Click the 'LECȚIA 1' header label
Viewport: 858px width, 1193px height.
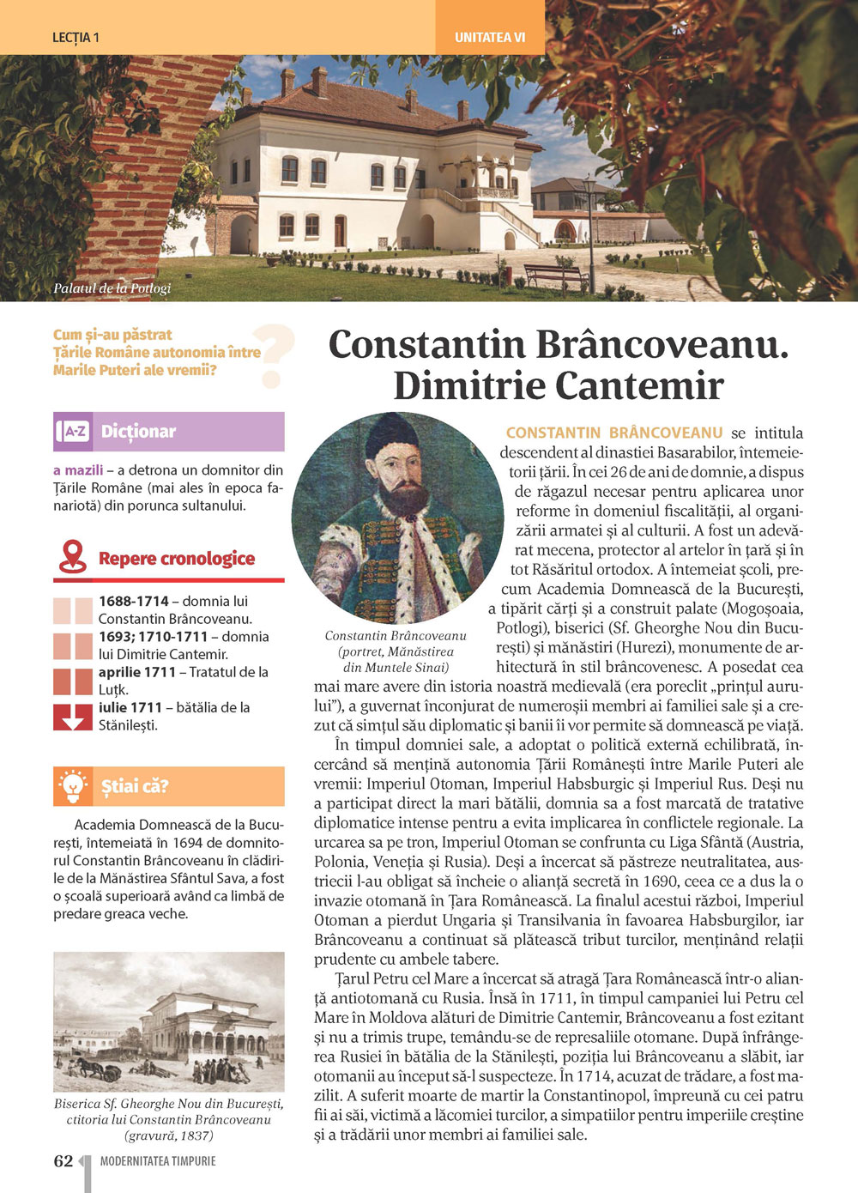(x=76, y=38)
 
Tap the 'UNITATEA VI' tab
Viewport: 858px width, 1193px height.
(x=489, y=38)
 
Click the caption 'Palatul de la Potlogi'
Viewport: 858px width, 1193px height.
(x=112, y=288)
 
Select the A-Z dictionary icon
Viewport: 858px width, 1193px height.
(x=75, y=431)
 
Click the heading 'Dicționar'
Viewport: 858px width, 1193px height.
(x=138, y=431)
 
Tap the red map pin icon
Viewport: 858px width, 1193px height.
(x=73, y=557)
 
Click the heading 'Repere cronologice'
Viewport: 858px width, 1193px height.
(x=177, y=559)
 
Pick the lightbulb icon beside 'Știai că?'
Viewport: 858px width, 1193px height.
(x=73, y=785)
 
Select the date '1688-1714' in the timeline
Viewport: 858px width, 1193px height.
(x=133, y=601)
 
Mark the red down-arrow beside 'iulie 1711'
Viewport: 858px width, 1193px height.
(x=73, y=717)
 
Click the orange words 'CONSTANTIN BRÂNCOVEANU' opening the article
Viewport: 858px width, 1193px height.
(x=613, y=433)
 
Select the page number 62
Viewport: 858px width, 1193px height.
(x=63, y=1161)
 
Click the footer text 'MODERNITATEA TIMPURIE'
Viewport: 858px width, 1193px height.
(x=158, y=1161)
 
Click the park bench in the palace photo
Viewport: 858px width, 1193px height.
(x=554, y=275)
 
